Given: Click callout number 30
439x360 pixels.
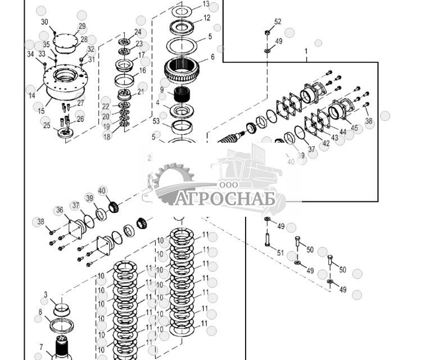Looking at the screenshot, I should [45, 22].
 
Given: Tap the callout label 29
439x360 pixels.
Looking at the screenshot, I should [82, 26].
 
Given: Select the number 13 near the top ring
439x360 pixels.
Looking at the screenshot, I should [206, 4].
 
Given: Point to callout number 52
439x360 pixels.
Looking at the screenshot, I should [278, 22].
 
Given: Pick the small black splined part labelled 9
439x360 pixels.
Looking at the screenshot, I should [181, 94].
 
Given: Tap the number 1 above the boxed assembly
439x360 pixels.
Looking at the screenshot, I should [306, 51].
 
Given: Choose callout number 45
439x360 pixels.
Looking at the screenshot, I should [354, 129].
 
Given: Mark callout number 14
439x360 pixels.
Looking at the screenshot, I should [31, 96].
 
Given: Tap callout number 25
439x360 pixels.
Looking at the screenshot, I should [47, 126].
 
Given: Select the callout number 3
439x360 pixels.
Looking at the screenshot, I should [46, 294].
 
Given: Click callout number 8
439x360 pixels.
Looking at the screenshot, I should [40, 312].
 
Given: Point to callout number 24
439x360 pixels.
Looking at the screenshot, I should [138, 32].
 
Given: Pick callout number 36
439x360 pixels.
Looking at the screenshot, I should [60, 211].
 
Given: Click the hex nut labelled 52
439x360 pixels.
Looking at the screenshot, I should [267, 33].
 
